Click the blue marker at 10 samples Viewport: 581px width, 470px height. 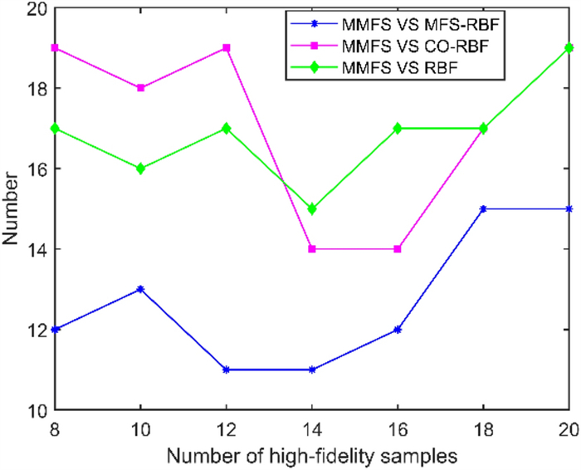coord(141,289)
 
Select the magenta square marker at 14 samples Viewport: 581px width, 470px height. coord(312,248)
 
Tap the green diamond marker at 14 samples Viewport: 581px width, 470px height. coord(312,208)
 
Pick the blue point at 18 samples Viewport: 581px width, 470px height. coord(483,208)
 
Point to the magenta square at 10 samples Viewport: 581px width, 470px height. coord(141,87)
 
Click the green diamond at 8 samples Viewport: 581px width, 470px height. coord(55,128)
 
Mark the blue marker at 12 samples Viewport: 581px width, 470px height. coord(227,370)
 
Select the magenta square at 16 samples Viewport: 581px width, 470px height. coord(398,248)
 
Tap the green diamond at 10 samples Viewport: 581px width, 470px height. coord(141,168)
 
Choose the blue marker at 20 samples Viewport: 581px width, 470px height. coord(569,208)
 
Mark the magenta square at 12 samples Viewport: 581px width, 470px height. coord(227,47)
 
